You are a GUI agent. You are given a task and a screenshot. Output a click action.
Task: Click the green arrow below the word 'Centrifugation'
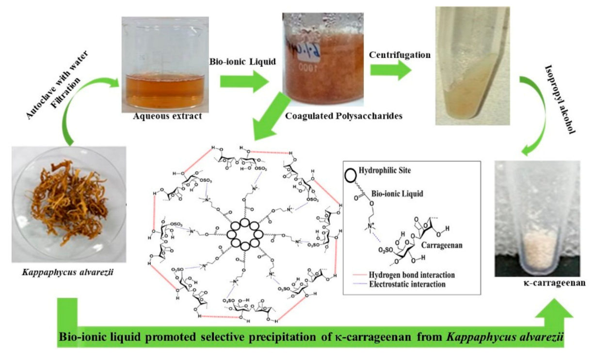pos(390,71)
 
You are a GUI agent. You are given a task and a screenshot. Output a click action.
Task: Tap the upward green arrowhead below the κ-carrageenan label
pos(554,313)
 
